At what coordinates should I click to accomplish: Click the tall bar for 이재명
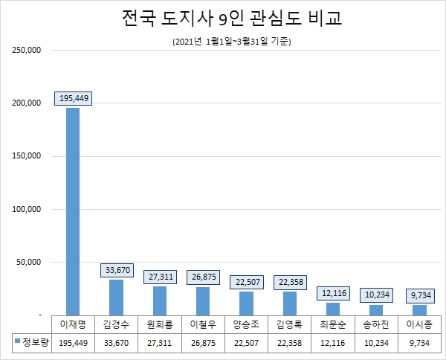[73, 211]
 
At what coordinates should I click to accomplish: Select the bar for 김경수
[116, 297]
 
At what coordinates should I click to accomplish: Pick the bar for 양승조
[246, 303]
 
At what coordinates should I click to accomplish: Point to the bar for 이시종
[419, 309]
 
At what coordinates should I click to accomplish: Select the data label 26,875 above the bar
[202, 277]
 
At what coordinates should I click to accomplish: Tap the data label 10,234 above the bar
[376, 295]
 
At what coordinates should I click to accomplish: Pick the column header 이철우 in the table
[202, 324]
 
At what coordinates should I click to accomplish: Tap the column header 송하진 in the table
[376, 324]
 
